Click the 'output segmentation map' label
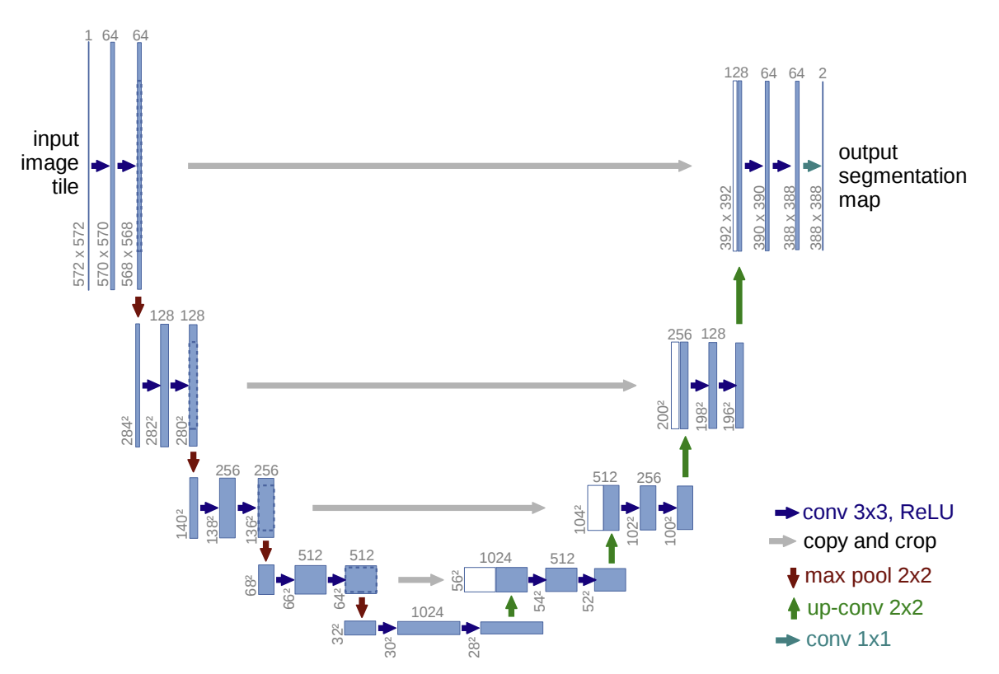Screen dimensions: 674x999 click(x=902, y=176)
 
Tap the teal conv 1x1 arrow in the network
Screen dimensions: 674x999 click(x=813, y=166)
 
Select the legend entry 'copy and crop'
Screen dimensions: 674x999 click(x=869, y=541)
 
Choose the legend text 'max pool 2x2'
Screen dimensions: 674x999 click(x=867, y=575)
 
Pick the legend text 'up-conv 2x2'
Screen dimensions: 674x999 click(x=863, y=608)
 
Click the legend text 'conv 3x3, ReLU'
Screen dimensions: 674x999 click(x=878, y=512)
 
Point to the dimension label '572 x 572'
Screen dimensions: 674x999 click(x=79, y=254)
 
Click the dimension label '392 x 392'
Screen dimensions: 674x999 click(x=726, y=217)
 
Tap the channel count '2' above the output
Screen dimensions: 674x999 click(x=822, y=73)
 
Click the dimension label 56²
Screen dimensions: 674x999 click(x=456, y=579)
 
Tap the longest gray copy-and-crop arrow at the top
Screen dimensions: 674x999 click(x=439, y=166)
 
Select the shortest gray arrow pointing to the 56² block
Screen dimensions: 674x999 click(x=420, y=579)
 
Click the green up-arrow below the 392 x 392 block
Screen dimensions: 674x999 click(x=739, y=294)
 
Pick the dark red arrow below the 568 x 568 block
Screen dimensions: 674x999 click(x=138, y=306)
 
